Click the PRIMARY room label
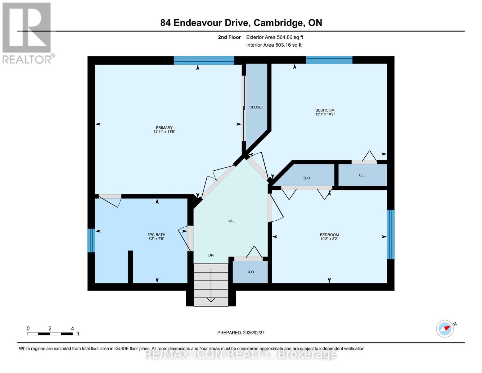click(x=164, y=127)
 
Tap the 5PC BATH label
click(x=156, y=235)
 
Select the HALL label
click(x=232, y=221)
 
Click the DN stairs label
click(x=211, y=255)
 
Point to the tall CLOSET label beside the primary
click(x=256, y=107)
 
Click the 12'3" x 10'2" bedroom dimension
click(x=325, y=114)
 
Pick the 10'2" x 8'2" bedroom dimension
click(x=329, y=239)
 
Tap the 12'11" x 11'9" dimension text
click(x=164, y=132)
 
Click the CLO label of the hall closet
click(x=250, y=272)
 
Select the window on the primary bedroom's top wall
click(x=204, y=60)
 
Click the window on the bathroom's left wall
click(x=91, y=240)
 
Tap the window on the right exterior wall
click(x=391, y=234)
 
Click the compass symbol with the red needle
click(x=445, y=329)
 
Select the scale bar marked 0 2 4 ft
click(x=50, y=334)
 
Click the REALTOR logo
click(x=27, y=33)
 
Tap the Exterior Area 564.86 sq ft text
click(x=274, y=37)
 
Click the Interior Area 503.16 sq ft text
click(x=274, y=45)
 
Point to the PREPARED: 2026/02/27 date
click(x=241, y=333)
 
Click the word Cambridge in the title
click(x=278, y=23)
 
